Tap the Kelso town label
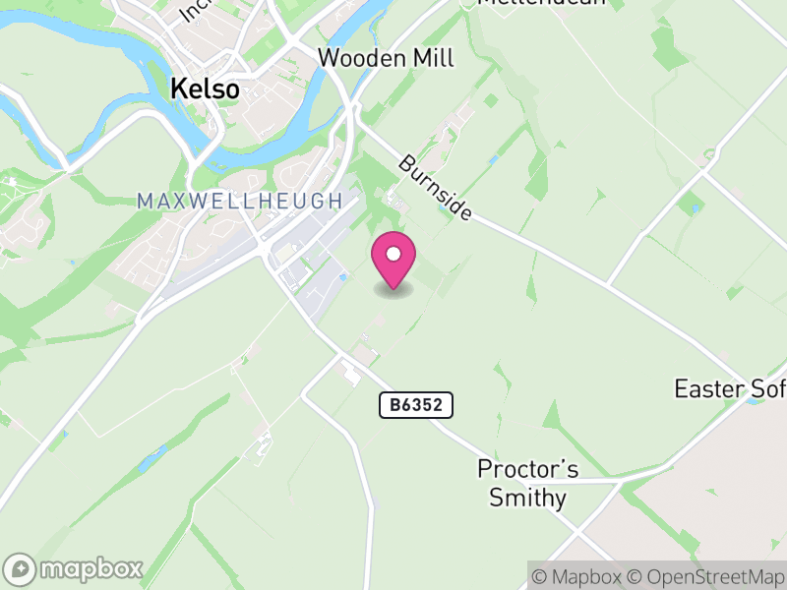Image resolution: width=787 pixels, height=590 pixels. pyautogui.click(x=205, y=88)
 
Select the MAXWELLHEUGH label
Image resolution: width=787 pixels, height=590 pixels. pyautogui.click(x=239, y=202)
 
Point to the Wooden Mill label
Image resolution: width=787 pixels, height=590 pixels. pyautogui.click(x=386, y=58)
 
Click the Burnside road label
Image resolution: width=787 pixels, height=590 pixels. pyautogui.click(x=435, y=187)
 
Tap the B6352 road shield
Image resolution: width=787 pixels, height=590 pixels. pyautogui.click(x=416, y=404)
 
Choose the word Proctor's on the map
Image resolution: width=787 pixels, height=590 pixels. pyautogui.click(x=527, y=468)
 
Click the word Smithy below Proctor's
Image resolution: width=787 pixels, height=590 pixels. pyautogui.click(x=528, y=498)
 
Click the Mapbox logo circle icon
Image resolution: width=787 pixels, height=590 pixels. pyautogui.click(x=21, y=569)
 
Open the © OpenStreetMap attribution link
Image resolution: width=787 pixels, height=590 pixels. pyautogui.click(x=705, y=576)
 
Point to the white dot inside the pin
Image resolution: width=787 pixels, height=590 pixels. pyautogui.click(x=393, y=255)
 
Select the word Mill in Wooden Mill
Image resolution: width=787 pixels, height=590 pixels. pyautogui.click(x=433, y=58)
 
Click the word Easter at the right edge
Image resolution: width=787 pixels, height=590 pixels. pyautogui.click(x=708, y=389)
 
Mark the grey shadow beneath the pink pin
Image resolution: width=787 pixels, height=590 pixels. pyautogui.click(x=393, y=290)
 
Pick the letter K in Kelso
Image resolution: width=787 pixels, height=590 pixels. pyautogui.click(x=178, y=88)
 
